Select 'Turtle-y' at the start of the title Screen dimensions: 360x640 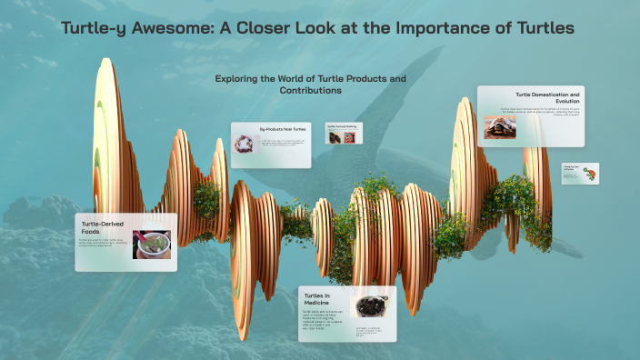coord(95,28)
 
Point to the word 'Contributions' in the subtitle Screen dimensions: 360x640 coord(311,91)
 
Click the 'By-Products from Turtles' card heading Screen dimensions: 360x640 coord(285,129)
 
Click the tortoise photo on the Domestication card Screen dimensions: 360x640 coord(499,126)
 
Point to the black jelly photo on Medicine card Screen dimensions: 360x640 coord(369,307)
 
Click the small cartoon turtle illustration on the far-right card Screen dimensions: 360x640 coord(590,173)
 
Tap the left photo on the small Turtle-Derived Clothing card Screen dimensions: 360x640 coord(334,137)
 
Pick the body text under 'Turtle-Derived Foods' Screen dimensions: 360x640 coord(105,244)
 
